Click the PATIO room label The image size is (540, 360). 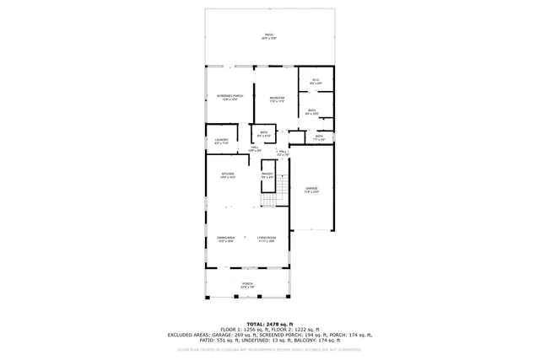(x=269, y=35)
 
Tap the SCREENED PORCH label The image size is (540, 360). (x=229, y=97)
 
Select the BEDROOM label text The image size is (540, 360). (x=277, y=98)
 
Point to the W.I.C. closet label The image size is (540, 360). (x=315, y=81)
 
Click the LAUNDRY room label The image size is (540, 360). (x=221, y=141)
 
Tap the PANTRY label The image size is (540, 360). (x=267, y=175)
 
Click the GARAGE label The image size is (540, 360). (x=311, y=189)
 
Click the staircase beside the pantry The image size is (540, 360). (x=273, y=197)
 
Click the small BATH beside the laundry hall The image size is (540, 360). (x=263, y=132)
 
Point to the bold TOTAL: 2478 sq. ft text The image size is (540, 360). (x=269, y=324)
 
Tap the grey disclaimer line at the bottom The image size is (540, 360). (x=269, y=347)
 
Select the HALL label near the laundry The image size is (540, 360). (x=255, y=147)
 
